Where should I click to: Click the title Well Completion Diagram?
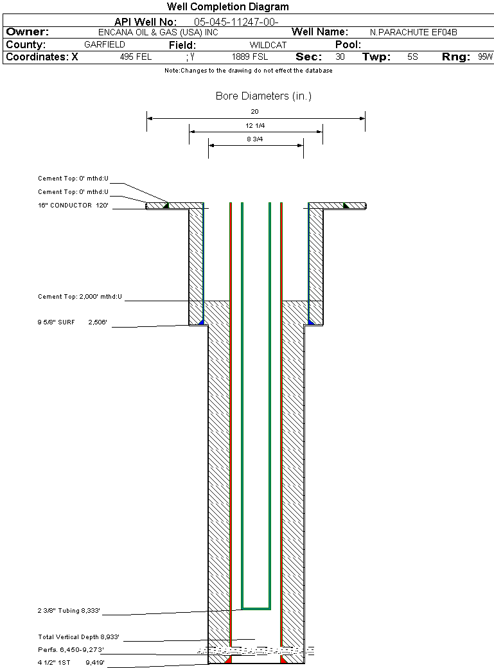pos(227,7)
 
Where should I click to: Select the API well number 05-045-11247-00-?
pos(236,22)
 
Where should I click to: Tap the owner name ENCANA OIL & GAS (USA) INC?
pos(158,32)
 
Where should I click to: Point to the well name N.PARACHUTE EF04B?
pos(414,32)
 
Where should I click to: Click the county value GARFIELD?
pos(105,44)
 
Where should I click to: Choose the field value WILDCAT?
pos(268,45)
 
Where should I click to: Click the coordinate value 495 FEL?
pos(136,57)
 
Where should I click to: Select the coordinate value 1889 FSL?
pos(250,57)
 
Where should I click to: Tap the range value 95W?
pos(485,57)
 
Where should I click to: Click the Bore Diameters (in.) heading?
pos(263,96)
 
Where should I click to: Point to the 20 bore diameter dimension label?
pos(254,112)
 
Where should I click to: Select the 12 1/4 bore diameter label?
pos(255,126)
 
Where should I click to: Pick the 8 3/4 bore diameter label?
pos(255,139)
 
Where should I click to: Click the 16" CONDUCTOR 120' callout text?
pos(73,206)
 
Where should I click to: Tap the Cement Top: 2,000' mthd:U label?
pos(80,297)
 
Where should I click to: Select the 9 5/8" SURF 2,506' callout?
pos(72,322)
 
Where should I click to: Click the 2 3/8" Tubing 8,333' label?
pos(69,610)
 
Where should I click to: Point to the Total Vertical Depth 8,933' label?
pos(78,637)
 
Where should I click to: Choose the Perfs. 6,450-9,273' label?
pos(71,649)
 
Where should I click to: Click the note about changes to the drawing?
pos(249,71)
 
